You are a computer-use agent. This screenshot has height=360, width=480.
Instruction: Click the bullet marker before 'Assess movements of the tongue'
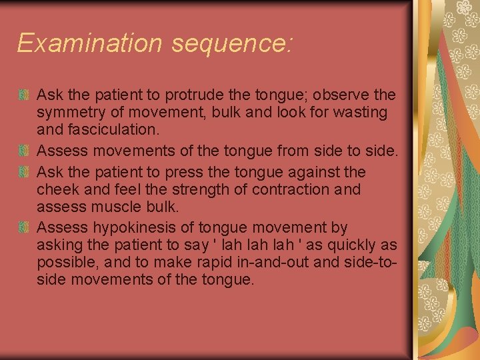25,151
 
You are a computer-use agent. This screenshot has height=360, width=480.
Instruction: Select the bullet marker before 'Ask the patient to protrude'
25,95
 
